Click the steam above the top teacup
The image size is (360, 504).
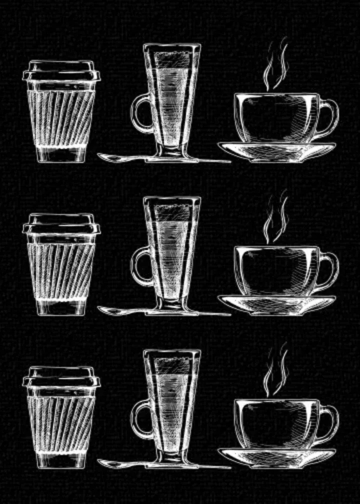(x=276, y=65)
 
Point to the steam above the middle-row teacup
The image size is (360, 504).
(x=276, y=218)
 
